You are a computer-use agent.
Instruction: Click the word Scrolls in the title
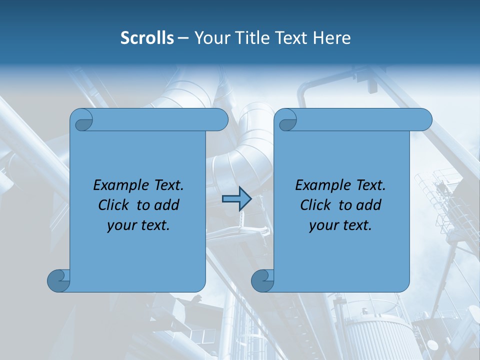[x=147, y=38]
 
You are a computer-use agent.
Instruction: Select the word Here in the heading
[x=331, y=38]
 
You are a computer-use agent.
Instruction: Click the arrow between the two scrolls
[x=236, y=199]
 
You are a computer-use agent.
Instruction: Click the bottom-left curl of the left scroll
[x=59, y=280]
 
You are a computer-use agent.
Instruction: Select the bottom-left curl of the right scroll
[x=262, y=280]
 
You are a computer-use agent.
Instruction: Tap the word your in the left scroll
[x=121, y=225]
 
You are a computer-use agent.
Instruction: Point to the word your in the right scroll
[x=323, y=225]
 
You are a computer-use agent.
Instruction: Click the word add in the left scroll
[x=167, y=205]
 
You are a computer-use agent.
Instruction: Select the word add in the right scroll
[x=369, y=205]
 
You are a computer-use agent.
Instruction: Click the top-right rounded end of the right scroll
[x=423, y=120]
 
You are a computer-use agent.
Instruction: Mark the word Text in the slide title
[x=291, y=38]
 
